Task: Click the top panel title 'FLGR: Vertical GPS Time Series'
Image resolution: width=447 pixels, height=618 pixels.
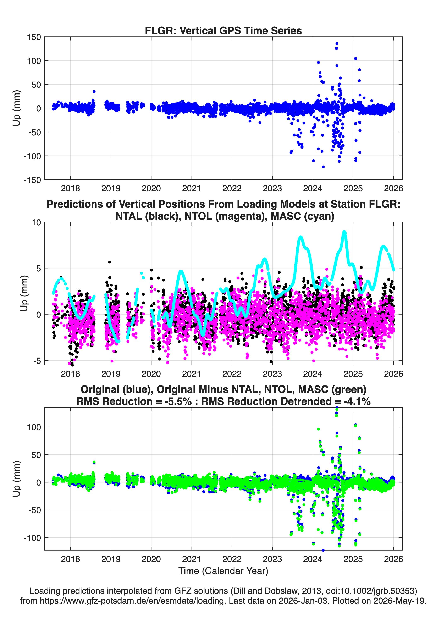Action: [x=223, y=30]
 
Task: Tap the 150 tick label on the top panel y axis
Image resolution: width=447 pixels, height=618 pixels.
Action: [x=34, y=37]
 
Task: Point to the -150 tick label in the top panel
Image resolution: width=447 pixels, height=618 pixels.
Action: [x=32, y=180]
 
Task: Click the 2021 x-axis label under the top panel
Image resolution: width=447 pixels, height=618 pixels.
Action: [x=191, y=188]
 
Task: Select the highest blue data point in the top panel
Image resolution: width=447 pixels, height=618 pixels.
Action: [x=337, y=44]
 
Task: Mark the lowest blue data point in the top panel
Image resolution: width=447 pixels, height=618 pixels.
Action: [x=323, y=167]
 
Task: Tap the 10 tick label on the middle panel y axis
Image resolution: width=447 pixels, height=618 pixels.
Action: [x=36, y=223]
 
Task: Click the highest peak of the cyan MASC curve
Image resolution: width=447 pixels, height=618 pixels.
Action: [x=344, y=232]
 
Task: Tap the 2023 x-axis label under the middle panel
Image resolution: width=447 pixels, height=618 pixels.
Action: [x=272, y=374]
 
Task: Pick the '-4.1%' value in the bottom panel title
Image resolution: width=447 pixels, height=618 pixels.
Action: [x=357, y=401]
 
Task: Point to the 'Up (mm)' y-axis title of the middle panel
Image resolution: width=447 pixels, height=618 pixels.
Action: [x=24, y=293]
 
